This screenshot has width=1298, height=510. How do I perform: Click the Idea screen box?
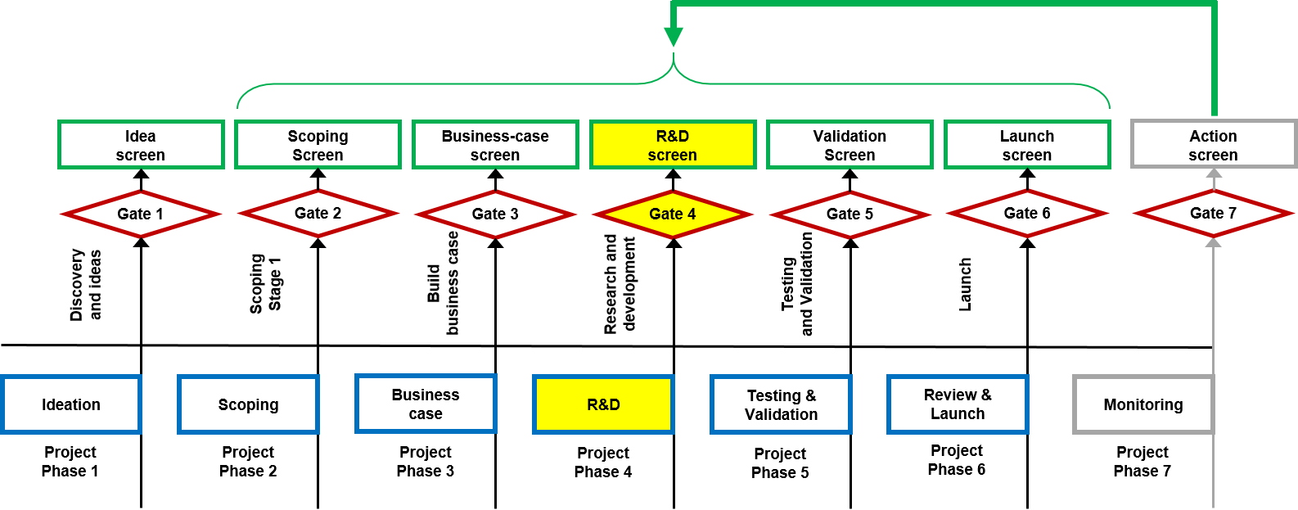[x=141, y=145]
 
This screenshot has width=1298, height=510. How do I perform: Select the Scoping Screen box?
[x=318, y=145]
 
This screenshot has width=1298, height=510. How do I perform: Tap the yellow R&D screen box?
[x=673, y=145]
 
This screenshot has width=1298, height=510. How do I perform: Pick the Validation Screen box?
[x=850, y=145]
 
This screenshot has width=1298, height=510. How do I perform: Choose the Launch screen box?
[x=1027, y=145]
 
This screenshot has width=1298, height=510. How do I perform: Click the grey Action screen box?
[x=1213, y=145]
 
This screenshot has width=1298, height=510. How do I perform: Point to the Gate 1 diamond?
[x=141, y=214]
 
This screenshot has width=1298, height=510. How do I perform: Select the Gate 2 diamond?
[x=318, y=214]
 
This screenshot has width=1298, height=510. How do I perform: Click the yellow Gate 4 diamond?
[x=673, y=214]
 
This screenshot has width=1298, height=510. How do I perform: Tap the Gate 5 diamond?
[x=850, y=214]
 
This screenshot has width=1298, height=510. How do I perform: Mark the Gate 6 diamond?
[x=1027, y=214]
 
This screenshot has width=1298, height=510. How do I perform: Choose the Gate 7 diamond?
[x=1213, y=214]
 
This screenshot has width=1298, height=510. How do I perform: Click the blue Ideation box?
[x=71, y=404]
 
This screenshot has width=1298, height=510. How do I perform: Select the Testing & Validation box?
[x=781, y=404]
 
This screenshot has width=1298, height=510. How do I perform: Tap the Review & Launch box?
[x=958, y=404]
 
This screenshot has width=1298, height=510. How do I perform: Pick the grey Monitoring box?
[x=1143, y=404]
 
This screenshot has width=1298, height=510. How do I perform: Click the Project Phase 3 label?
[x=425, y=463]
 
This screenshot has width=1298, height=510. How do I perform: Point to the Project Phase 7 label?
[x=1142, y=463]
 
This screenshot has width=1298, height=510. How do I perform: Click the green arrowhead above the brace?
[x=674, y=36]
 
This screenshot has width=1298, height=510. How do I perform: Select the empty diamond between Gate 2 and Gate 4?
[x=495, y=214]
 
